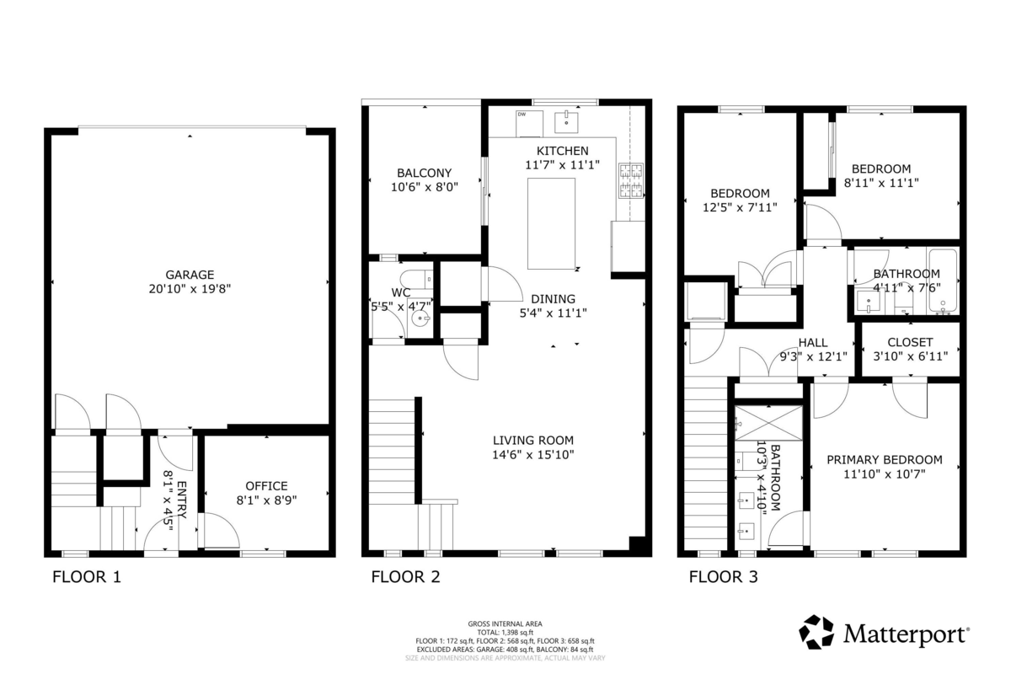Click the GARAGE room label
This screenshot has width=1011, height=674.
click(x=190, y=275)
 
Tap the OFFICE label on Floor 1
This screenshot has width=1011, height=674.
click(x=266, y=486)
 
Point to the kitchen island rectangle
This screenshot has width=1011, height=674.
click(x=552, y=223)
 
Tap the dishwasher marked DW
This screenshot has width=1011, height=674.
click(x=528, y=123)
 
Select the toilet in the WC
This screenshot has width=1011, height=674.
click(x=416, y=279)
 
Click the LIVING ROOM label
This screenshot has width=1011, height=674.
click(x=533, y=440)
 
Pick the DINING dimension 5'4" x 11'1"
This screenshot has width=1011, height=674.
click(x=553, y=313)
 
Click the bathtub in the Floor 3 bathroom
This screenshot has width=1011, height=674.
click(x=943, y=281)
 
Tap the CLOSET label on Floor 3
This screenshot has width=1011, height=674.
click(x=910, y=342)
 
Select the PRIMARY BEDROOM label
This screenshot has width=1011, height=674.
click(x=884, y=460)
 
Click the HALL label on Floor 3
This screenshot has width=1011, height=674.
click(x=812, y=342)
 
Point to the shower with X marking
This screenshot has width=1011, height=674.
click(x=768, y=422)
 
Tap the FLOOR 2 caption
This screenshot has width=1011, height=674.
click(x=405, y=577)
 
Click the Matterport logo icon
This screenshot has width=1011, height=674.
click(x=816, y=632)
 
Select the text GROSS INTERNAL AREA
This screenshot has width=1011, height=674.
click(x=505, y=624)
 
